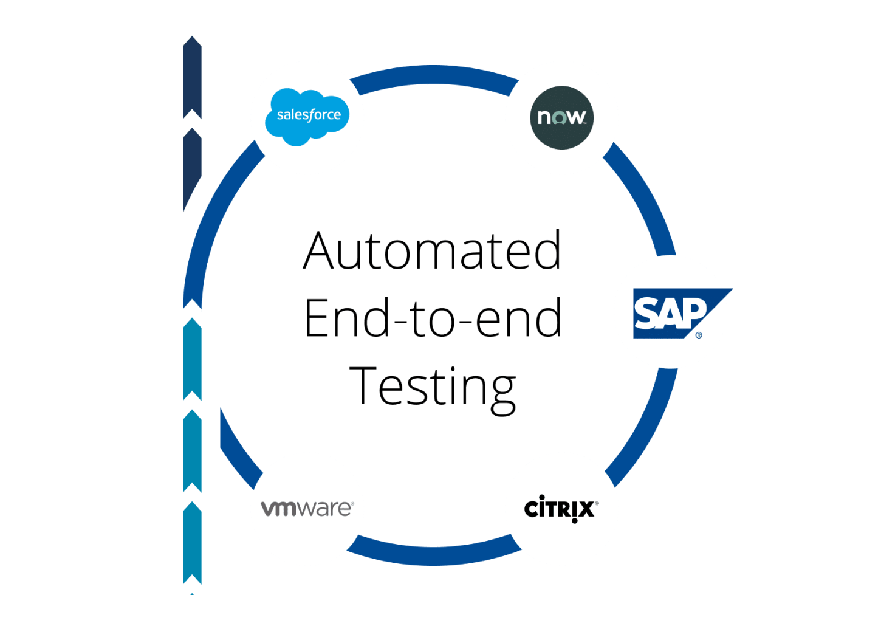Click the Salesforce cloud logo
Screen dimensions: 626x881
click(x=307, y=117)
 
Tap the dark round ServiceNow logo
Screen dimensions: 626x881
click(x=561, y=117)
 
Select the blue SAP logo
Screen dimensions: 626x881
click(x=674, y=314)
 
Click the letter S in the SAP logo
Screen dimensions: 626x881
click(x=646, y=314)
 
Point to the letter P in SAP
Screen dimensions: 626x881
click(x=693, y=311)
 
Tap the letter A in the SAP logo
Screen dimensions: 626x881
click(x=670, y=314)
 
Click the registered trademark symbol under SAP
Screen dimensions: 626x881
click(x=699, y=335)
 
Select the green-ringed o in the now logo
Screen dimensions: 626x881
click(x=558, y=117)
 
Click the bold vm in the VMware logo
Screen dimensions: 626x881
click(x=278, y=509)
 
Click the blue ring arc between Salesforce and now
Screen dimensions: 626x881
click(x=434, y=76)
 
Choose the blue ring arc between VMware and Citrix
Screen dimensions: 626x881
click(x=434, y=554)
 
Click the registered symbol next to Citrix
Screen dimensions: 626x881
click(x=597, y=503)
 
